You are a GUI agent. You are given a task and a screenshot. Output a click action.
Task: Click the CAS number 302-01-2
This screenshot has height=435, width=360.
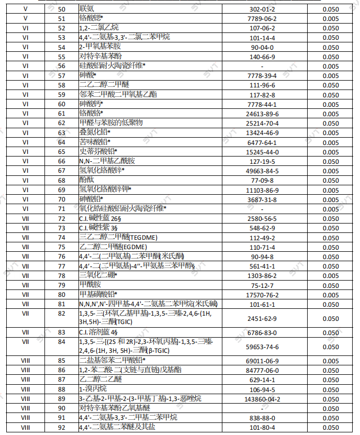(264, 9)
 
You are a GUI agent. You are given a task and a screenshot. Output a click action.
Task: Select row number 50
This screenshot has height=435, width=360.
(62, 9)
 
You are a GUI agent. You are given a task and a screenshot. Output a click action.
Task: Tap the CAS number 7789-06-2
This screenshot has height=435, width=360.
(264, 18)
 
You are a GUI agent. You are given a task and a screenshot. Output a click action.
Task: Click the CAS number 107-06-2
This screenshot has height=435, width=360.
(264, 28)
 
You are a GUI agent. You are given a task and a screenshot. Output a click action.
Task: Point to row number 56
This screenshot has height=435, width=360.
(62, 66)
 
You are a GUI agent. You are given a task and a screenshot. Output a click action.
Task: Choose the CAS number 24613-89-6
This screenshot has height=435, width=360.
(264, 113)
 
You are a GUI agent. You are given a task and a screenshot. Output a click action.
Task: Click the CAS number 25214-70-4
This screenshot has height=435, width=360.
(264, 123)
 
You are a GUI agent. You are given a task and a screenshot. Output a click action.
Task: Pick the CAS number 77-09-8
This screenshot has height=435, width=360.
(264, 180)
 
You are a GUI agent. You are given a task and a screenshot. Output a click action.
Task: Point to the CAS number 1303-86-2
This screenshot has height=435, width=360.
(264, 275)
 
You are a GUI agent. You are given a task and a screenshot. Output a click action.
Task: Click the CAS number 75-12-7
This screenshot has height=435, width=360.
(264, 285)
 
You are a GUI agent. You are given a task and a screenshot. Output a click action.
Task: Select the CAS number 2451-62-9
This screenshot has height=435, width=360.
(264, 318)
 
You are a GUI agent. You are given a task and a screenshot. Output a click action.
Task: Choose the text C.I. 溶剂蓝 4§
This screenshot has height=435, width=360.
(98, 332)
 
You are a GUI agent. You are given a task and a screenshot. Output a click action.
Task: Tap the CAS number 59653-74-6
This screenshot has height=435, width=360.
(264, 347)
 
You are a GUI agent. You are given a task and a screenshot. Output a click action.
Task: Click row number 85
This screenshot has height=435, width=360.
(62, 361)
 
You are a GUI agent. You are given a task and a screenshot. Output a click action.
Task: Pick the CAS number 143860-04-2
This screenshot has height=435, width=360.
(264, 399)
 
